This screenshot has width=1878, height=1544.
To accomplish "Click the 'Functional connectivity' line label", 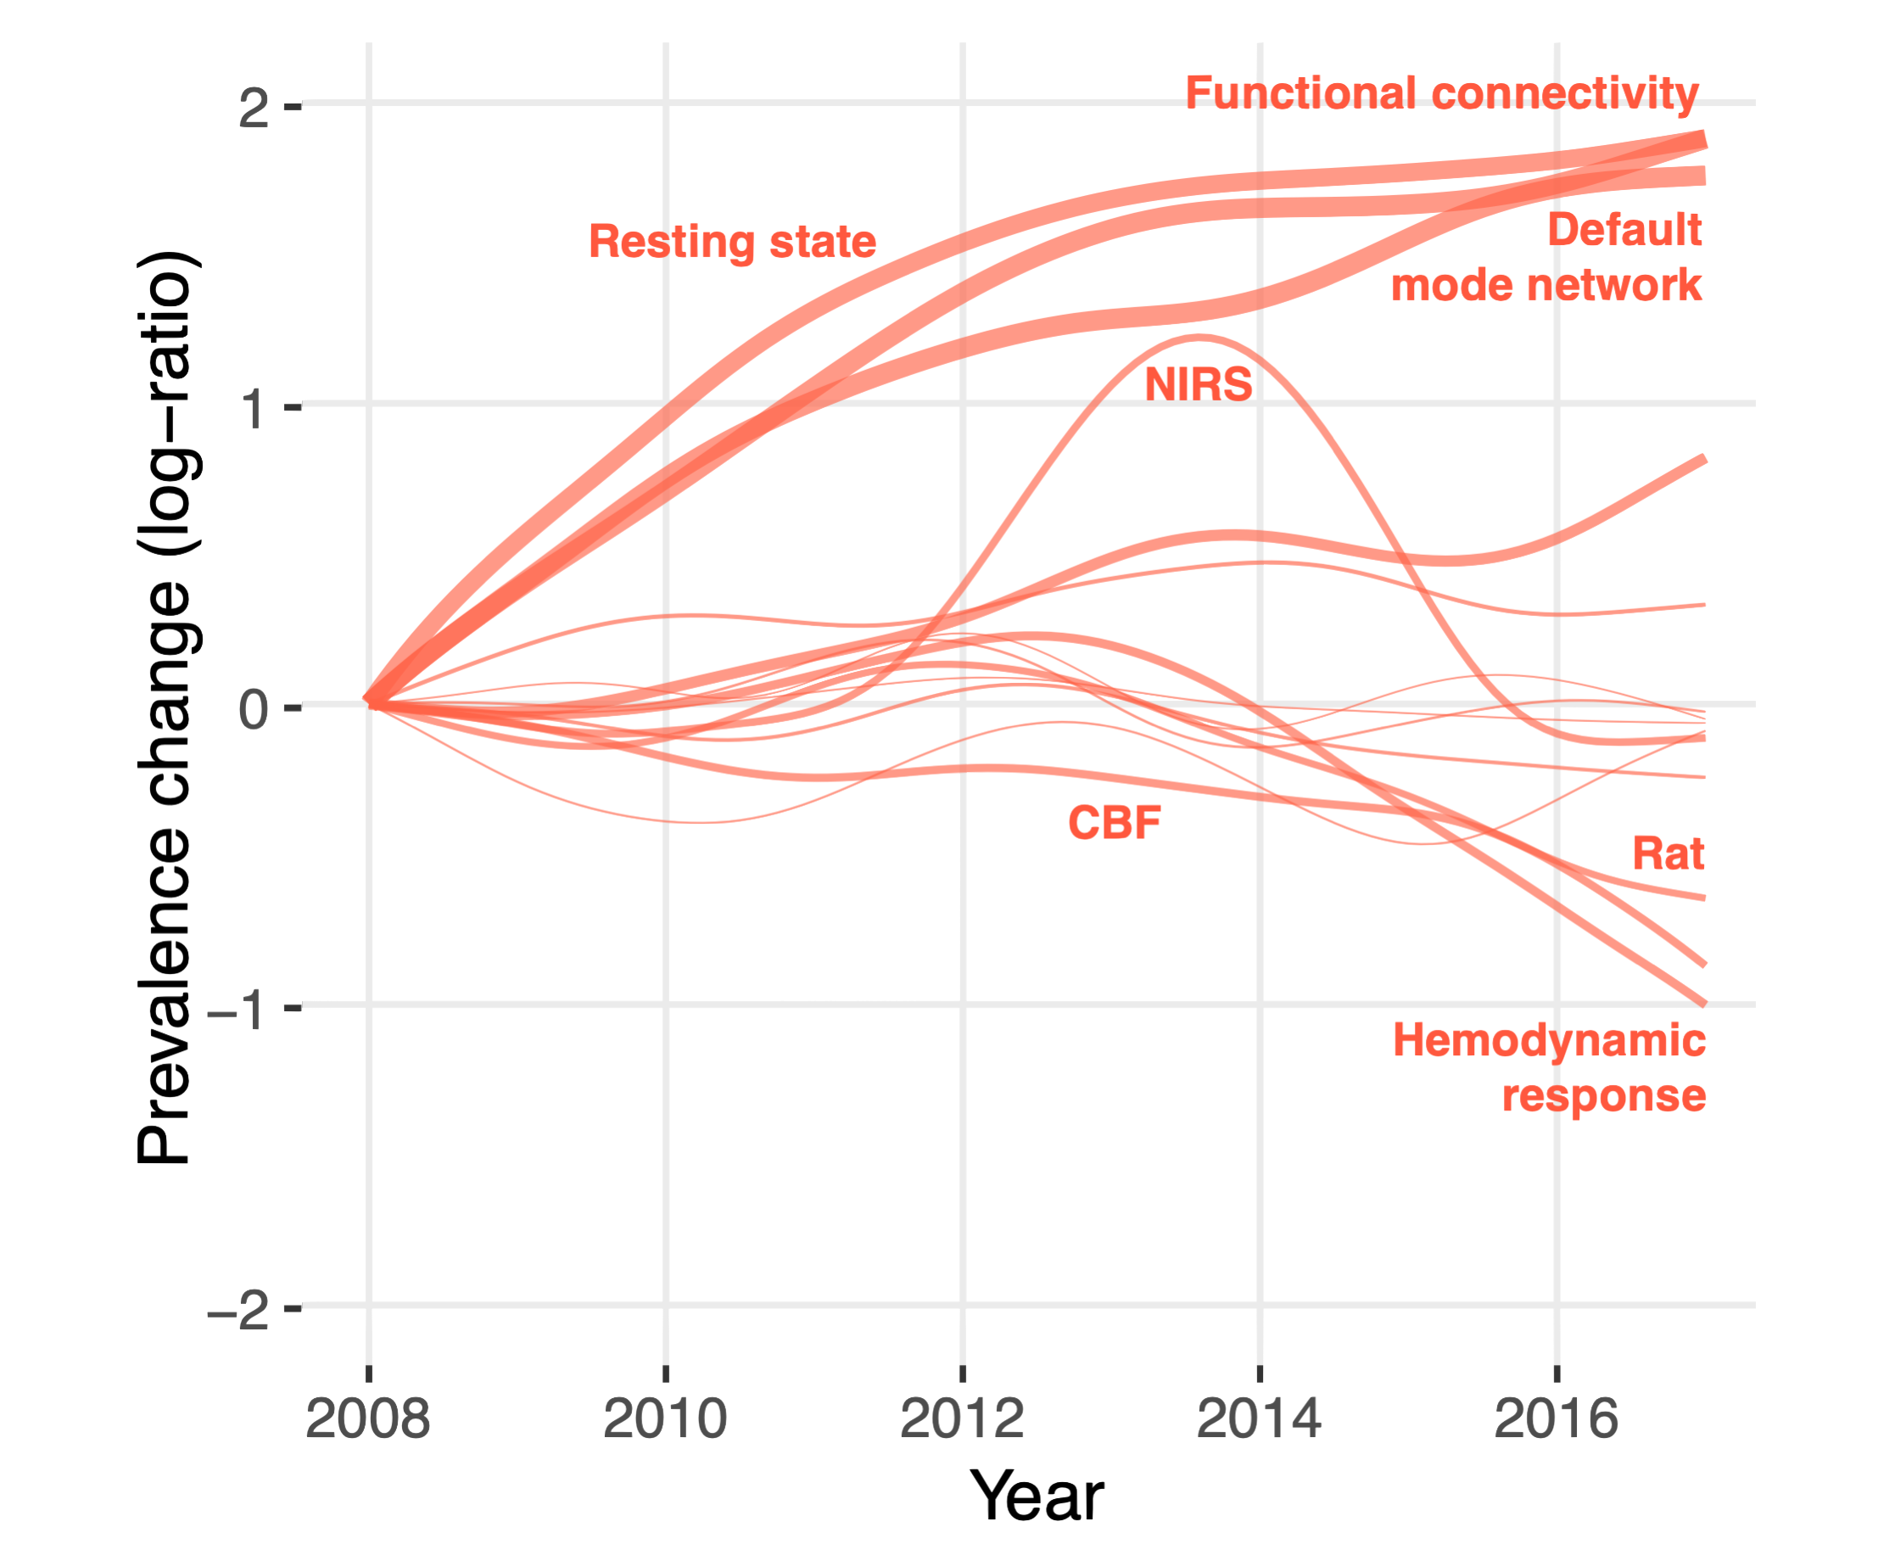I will pos(1441,93).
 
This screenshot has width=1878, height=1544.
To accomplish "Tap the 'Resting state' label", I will pos(732,242).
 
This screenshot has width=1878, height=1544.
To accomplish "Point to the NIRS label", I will pos(1198,385).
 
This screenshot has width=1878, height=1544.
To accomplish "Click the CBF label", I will pos(1115,823).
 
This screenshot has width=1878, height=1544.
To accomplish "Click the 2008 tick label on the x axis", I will pos(367,1418).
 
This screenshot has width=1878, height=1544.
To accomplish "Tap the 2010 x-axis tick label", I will pos(665,1418).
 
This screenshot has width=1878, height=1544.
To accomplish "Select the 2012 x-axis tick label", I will pos(962,1418).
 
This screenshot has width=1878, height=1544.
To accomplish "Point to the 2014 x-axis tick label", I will pos(1259,1418).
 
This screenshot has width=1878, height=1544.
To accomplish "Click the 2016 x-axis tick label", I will pos(1557,1418).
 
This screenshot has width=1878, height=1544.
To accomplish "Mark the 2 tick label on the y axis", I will pos(254,108).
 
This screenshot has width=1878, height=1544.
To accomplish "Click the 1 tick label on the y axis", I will pos(256,408).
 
